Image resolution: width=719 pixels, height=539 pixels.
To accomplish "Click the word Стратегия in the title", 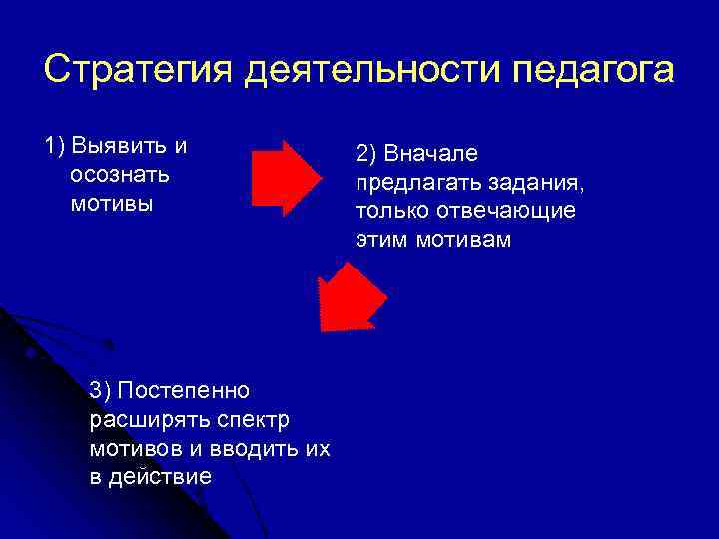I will click(139, 71).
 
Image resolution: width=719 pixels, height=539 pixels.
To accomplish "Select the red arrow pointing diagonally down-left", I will click(351, 296).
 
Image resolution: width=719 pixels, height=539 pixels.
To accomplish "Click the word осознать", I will click(120, 175).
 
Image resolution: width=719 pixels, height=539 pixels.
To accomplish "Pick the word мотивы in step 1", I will click(112, 204).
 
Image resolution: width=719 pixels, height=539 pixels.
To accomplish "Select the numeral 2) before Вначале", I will click(365, 155).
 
